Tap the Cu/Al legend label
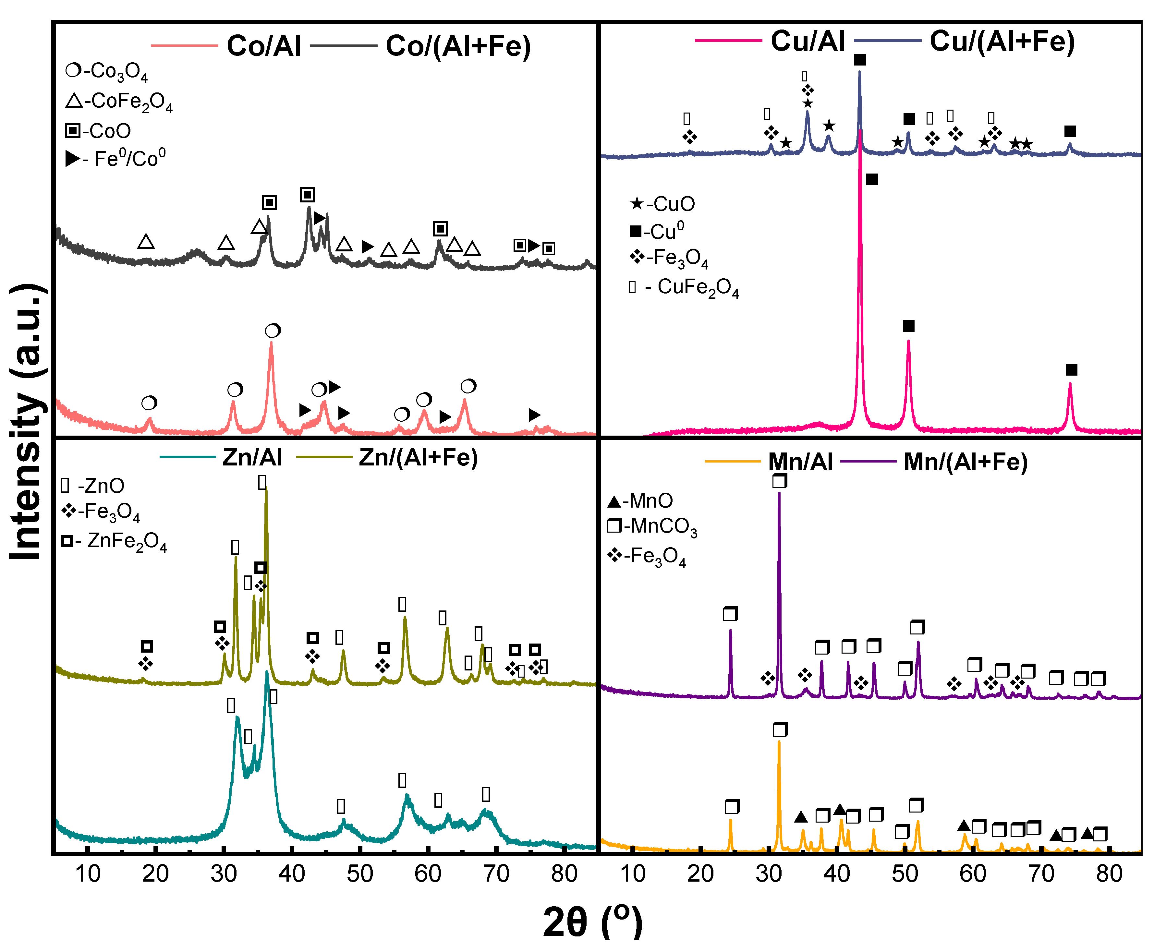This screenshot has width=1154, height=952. click(808, 41)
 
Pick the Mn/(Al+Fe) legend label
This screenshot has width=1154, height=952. click(965, 462)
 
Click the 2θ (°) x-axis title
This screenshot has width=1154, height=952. click(592, 921)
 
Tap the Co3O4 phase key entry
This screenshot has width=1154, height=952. click(107, 71)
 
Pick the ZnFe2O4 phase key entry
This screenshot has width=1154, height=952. click(114, 541)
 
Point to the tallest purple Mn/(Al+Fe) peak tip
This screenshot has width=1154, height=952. click(779, 494)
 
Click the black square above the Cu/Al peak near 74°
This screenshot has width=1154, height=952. click(1071, 370)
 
